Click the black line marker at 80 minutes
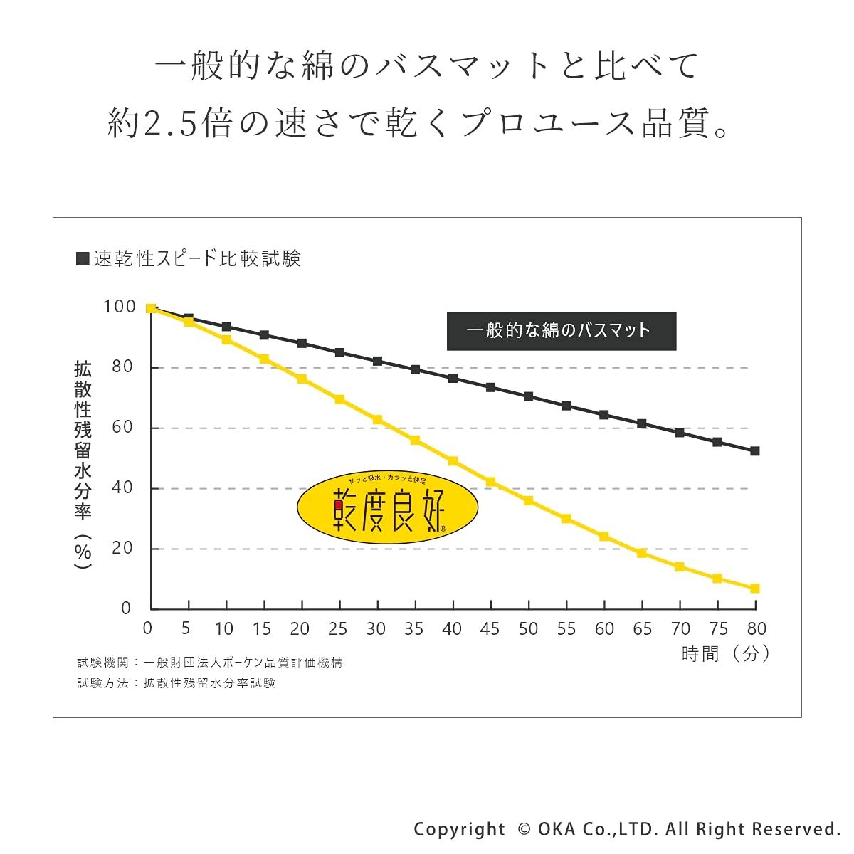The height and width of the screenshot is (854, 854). (755, 451)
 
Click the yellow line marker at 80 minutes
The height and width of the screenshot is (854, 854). (755, 589)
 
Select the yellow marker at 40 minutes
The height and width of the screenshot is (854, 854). (453, 461)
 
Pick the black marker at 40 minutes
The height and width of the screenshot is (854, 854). (453, 378)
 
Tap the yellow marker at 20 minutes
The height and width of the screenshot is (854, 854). (302, 379)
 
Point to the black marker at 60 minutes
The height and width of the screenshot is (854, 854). (604, 415)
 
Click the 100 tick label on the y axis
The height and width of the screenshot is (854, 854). (119, 307)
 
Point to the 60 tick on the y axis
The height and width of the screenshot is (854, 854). (123, 427)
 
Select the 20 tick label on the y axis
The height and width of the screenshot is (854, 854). (123, 548)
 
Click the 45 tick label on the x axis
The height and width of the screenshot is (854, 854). (490, 629)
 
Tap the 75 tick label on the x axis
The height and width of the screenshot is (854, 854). (718, 629)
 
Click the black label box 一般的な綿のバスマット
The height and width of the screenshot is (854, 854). (561, 331)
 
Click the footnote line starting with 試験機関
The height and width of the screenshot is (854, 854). (210, 663)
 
